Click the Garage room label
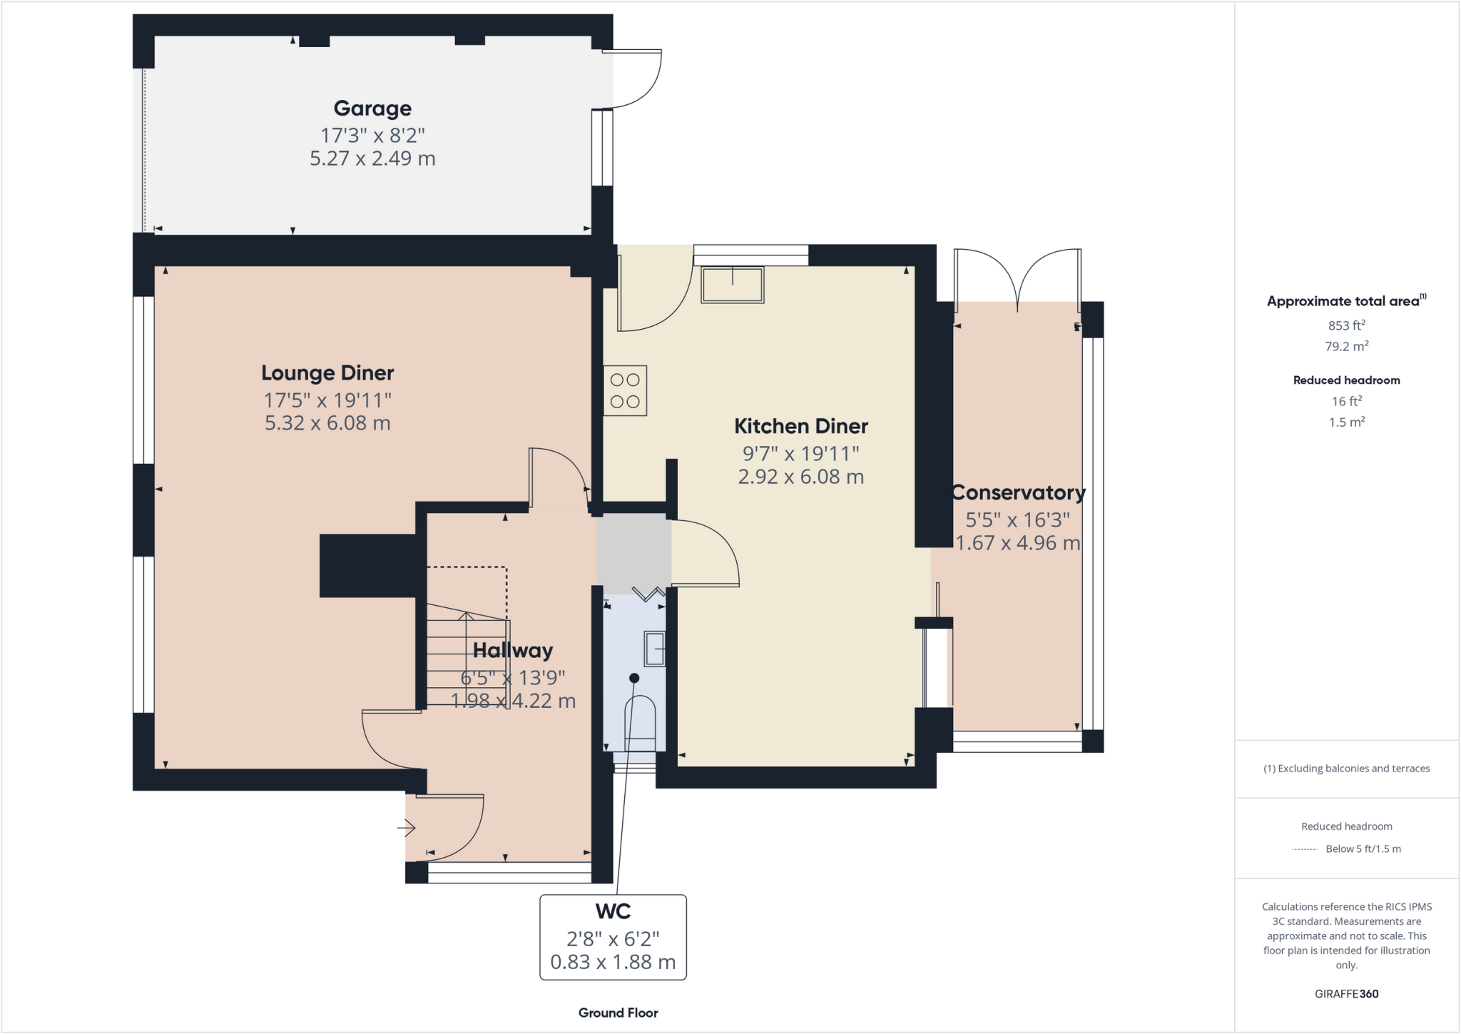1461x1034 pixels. [x=372, y=108]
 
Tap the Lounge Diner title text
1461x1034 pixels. [x=327, y=373]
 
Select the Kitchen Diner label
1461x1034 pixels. [x=801, y=427]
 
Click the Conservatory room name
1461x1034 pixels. [x=1018, y=493]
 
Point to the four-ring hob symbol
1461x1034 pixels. [x=625, y=391]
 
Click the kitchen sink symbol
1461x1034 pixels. [x=733, y=285]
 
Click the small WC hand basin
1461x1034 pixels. [x=655, y=649]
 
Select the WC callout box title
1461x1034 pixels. [x=613, y=912]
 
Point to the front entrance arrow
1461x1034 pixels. [x=407, y=828]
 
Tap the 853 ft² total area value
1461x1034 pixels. [x=1346, y=325]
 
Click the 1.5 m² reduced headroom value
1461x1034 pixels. [x=1346, y=422]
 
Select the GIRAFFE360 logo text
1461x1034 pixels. [x=1346, y=994]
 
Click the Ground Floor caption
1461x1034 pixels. [x=618, y=1013]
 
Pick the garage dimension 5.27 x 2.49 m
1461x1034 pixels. [x=372, y=158]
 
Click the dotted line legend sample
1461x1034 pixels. [x=1305, y=849]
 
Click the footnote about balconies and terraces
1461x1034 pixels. [x=1346, y=769]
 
